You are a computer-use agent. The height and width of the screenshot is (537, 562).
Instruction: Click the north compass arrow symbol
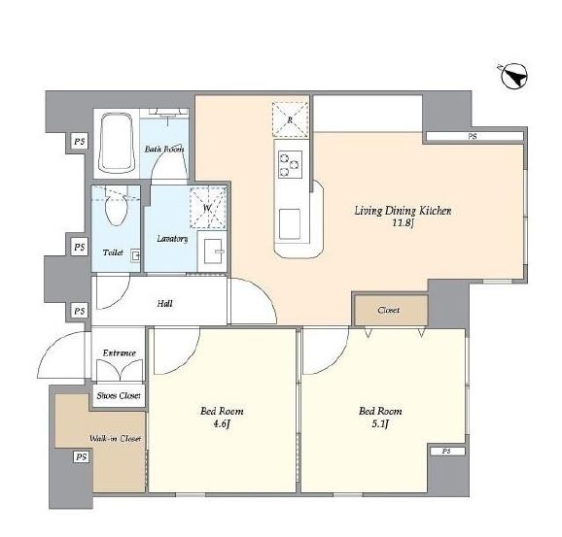[513, 77]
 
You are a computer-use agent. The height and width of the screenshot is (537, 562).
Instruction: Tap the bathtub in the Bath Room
[117, 143]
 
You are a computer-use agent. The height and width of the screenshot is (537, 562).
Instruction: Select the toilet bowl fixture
[117, 210]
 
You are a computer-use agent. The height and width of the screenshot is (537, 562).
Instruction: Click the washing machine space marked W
[207, 208]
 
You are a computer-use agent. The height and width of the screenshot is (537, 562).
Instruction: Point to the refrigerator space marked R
[290, 119]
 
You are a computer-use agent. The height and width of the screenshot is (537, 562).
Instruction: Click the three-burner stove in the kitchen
[290, 164]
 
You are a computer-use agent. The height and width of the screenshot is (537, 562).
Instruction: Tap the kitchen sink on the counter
[290, 224]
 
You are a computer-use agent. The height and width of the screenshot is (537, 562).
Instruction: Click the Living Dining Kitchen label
[403, 211]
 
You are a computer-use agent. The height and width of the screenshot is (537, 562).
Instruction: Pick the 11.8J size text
[404, 223]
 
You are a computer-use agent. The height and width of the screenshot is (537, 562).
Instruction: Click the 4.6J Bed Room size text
[222, 424]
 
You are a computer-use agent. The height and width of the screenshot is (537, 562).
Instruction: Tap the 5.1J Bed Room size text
[380, 424]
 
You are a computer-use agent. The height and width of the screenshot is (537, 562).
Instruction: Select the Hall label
[165, 304]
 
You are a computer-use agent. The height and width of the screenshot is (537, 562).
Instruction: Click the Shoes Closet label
[119, 396]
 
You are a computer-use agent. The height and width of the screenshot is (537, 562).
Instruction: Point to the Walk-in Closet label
[115, 438]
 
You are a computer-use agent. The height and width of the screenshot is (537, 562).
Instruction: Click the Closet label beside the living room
[389, 310]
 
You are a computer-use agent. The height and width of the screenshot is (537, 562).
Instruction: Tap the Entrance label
[120, 353]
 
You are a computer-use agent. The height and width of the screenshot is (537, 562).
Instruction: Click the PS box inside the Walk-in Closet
[81, 457]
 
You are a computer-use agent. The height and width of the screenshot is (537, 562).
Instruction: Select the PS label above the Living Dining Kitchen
[473, 136]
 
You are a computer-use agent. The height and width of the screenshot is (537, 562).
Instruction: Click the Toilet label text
[113, 252]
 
